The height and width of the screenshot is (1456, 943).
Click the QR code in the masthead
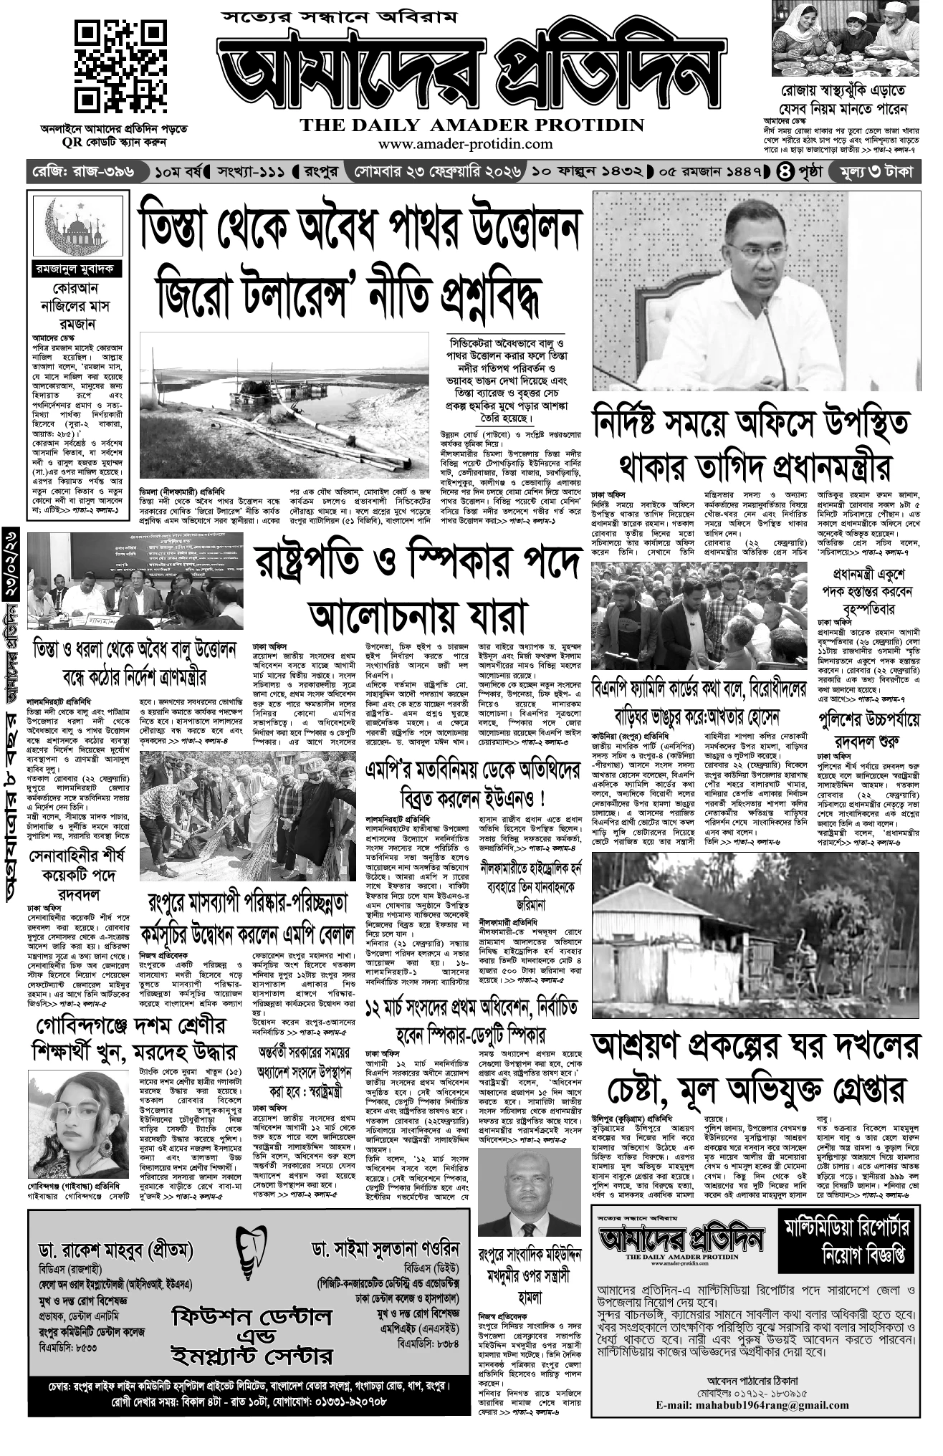tap(111, 68)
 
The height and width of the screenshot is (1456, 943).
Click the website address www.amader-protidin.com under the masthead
tap(472, 145)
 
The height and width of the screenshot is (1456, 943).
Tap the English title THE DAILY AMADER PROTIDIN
tap(472, 125)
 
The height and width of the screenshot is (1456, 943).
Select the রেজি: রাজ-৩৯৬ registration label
tap(85, 173)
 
